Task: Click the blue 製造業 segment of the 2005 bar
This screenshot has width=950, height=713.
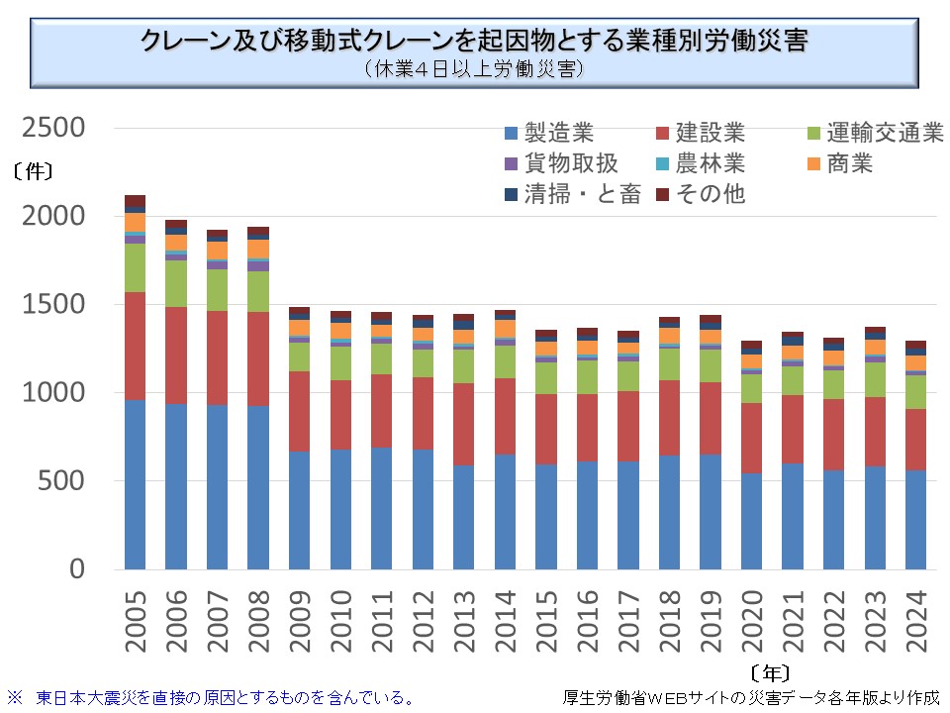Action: point(136,484)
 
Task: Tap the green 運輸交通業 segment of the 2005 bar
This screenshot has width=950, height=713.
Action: point(136,267)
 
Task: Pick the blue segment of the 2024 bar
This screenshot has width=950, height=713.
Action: point(915,520)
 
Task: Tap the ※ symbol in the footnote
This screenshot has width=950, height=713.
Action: point(15,697)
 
